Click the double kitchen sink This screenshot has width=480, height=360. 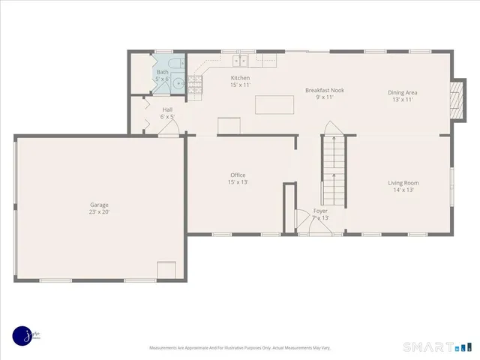click(240, 59)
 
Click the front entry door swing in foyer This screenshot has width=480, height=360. click(305, 223)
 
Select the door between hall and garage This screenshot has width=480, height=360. click(169, 130)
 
